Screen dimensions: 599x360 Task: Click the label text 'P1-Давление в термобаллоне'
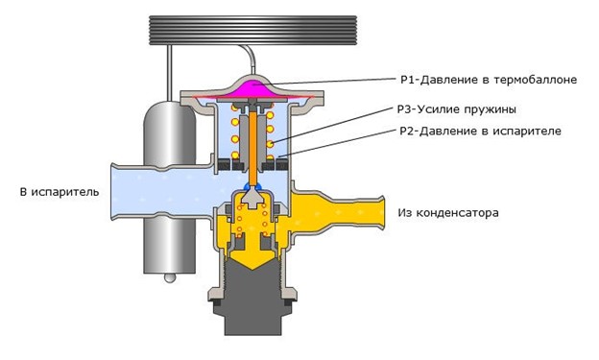click(489, 80)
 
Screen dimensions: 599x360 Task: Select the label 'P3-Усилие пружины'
click(457, 109)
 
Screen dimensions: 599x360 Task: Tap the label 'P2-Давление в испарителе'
click(480, 132)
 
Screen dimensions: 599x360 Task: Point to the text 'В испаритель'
click(60, 192)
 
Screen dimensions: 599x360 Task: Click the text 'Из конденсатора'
click(448, 212)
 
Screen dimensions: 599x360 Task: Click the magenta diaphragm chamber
click(252, 90)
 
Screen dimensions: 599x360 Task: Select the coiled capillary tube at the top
click(252, 31)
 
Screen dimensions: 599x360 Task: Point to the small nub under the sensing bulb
click(170, 277)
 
